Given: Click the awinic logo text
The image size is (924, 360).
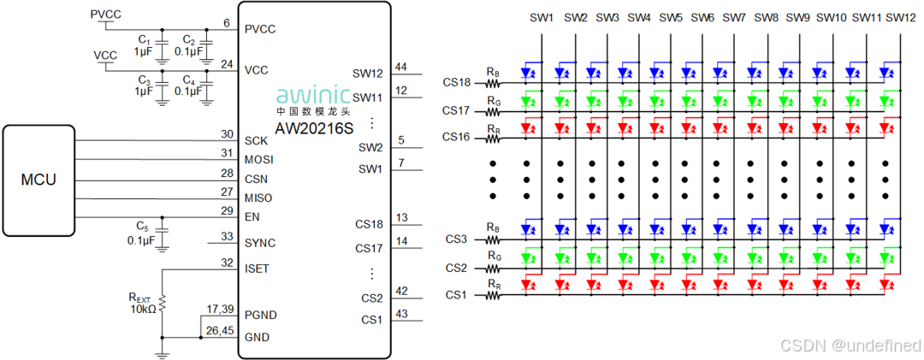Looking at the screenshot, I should [x=314, y=95].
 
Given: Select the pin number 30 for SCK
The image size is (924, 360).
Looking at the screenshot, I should [x=227, y=133].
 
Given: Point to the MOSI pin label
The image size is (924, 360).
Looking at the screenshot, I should [x=258, y=160].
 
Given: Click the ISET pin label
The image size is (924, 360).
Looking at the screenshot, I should [x=257, y=269].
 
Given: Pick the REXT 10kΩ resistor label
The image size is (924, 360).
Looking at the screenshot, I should [x=142, y=303].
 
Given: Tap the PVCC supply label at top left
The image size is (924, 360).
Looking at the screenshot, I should [x=105, y=15].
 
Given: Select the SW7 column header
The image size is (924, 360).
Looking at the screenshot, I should [x=734, y=17].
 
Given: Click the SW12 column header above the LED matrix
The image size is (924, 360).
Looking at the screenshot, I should [x=900, y=17].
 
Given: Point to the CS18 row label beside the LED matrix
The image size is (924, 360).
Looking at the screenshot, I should [x=457, y=83].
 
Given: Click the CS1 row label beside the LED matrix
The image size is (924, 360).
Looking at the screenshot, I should [x=455, y=295].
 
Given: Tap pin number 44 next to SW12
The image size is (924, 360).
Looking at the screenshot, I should [x=401, y=67].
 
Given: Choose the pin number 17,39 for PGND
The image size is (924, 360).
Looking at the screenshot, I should [x=220, y=309].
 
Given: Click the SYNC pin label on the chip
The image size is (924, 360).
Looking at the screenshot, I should [x=260, y=243].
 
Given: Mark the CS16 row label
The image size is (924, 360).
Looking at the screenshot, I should [x=457, y=137].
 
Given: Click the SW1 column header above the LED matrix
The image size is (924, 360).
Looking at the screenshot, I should [x=542, y=17].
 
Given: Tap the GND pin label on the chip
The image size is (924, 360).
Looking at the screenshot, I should [x=257, y=337].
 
